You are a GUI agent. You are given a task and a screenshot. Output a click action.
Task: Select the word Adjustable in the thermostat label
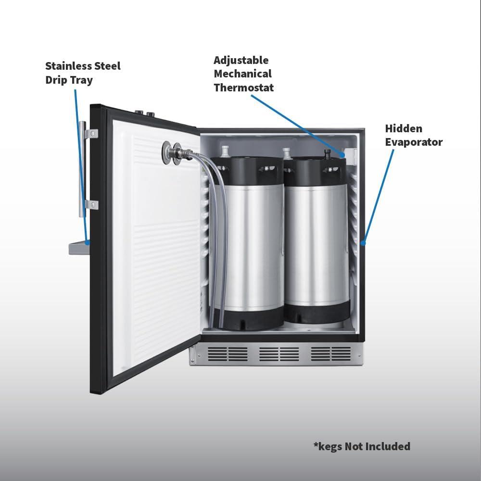point(241,61)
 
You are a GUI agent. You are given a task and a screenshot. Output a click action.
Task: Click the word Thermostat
point(243,88)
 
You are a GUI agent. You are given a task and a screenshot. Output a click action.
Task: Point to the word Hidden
point(404,128)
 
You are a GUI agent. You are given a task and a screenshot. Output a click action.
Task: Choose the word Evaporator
point(414,142)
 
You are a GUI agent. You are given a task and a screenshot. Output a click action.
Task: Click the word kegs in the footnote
point(330,447)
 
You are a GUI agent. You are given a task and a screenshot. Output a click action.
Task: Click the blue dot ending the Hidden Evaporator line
point(363,243)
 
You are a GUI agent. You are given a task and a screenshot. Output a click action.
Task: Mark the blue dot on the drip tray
point(88,242)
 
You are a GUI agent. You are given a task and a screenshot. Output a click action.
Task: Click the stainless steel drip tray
point(79,248)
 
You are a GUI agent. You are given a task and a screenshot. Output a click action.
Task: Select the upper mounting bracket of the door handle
point(91,134)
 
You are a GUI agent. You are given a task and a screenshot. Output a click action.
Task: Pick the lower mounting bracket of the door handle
point(91,204)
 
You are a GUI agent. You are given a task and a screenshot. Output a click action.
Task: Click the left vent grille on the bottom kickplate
point(228,354)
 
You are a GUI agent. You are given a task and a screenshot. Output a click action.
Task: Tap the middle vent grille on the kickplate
point(279,354)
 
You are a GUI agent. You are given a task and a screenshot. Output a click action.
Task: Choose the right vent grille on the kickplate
point(331,354)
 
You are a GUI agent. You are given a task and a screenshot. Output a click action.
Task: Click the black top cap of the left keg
point(247,171)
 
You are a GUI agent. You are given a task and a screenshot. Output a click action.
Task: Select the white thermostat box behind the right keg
point(351,156)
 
